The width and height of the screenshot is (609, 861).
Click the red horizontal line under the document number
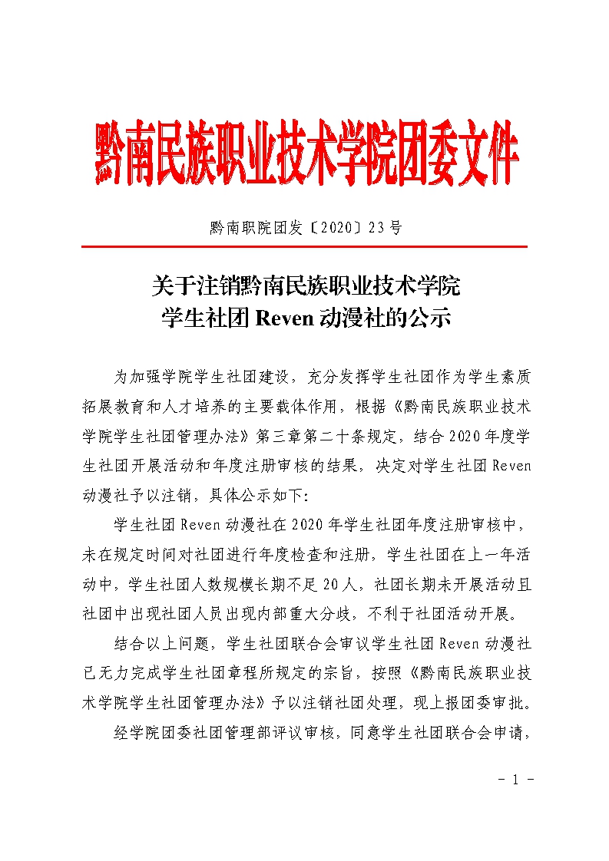pyautogui.click(x=304, y=246)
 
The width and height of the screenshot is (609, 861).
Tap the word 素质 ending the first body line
pyautogui.click(x=514, y=378)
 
